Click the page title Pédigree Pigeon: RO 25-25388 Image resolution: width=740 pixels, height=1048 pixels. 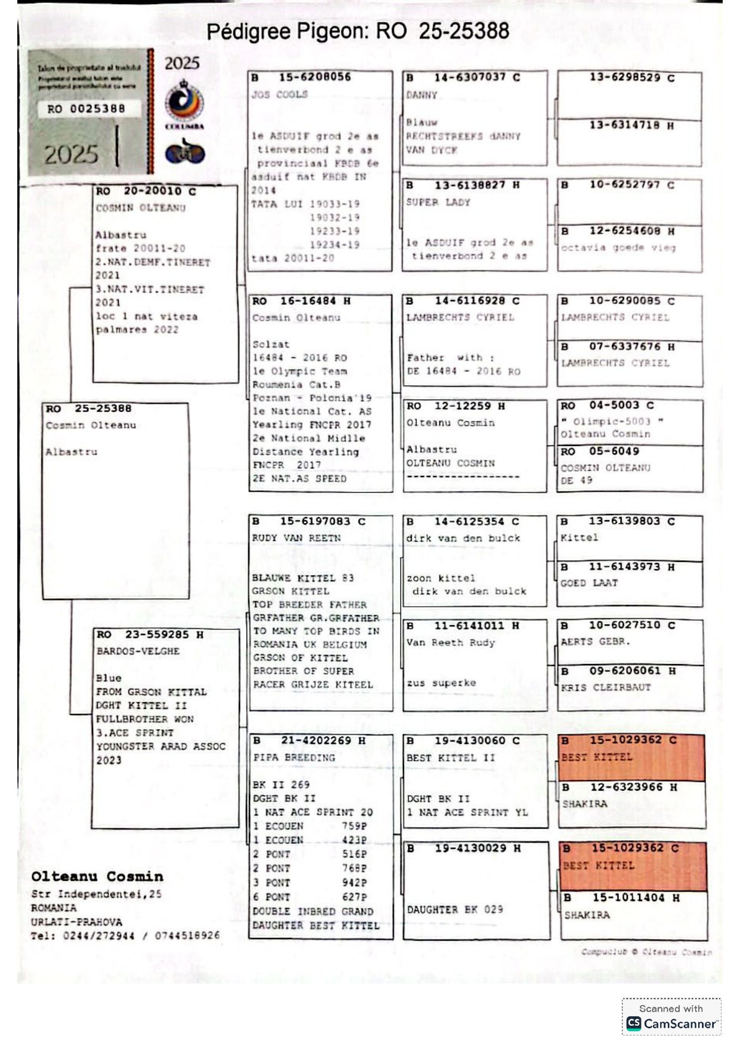click(x=357, y=31)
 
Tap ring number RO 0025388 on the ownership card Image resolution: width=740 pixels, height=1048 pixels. click(x=87, y=109)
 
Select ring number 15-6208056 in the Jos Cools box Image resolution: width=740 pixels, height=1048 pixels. click(x=314, y=77)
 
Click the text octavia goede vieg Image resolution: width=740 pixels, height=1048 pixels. click(x=618, y=247)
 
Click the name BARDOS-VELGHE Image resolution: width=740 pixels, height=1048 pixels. click(x=138, y=651)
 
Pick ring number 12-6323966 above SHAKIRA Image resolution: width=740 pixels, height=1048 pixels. click(x=627, y=787)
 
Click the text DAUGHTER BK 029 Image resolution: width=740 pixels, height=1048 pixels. click(x=455, y=909)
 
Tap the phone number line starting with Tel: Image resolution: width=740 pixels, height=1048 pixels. click(x=125, y=936)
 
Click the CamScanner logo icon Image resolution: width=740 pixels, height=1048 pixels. click(x=634, y=1023)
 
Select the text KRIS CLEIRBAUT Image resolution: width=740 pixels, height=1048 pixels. click(x=605, y=687)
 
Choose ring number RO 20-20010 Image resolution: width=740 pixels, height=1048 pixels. click(x=146, y=191)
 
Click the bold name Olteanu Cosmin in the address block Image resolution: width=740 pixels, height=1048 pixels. click(x=97, y=877)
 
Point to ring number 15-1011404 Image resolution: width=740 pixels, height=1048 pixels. click(x=629, y=898)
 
